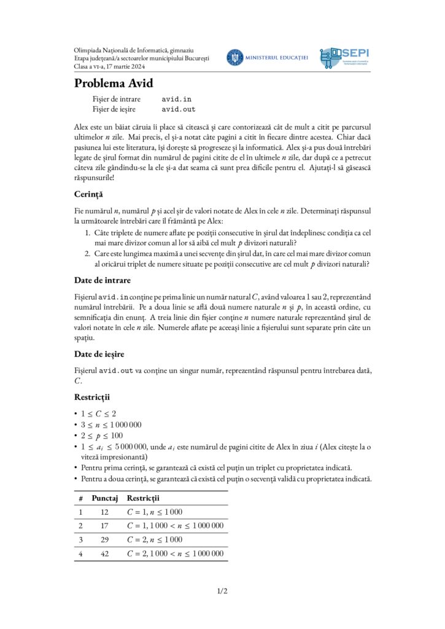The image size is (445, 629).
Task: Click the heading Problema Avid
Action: point(114,84)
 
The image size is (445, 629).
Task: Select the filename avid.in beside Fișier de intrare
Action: point(177,99)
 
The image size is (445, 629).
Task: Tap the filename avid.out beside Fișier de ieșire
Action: point(179,109)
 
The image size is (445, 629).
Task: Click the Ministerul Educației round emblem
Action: point(234,58)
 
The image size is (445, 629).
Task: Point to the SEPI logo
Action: point(344,58)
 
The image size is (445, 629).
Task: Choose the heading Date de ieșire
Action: point(101,354)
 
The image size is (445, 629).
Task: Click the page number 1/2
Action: point(222,592)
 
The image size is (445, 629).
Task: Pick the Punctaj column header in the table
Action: point(105,498)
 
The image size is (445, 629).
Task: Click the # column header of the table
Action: point(80,498)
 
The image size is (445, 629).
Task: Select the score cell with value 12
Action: point(104,512)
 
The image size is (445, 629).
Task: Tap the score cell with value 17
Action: point(104,526)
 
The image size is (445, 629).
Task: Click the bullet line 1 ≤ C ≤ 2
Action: point(99,413)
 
